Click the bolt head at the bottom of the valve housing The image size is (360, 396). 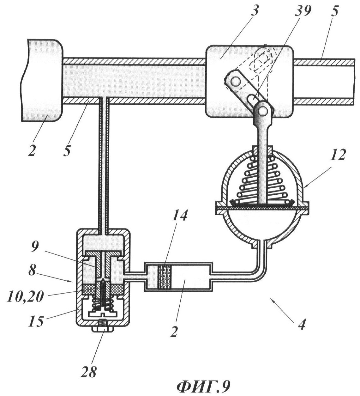103,336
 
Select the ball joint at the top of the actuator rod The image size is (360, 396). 263,110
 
